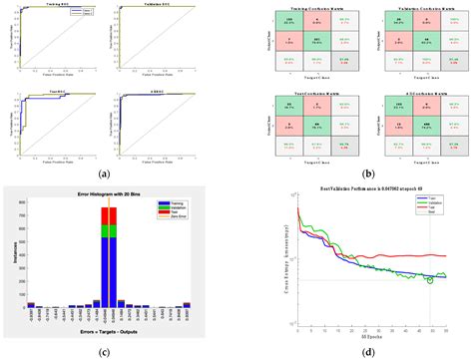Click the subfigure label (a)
click(x=104, y=173)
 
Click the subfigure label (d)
click(x=356, y=348)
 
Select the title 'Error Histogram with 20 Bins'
click(x=107, y=190)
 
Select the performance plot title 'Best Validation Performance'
click(x=361, y=189)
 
